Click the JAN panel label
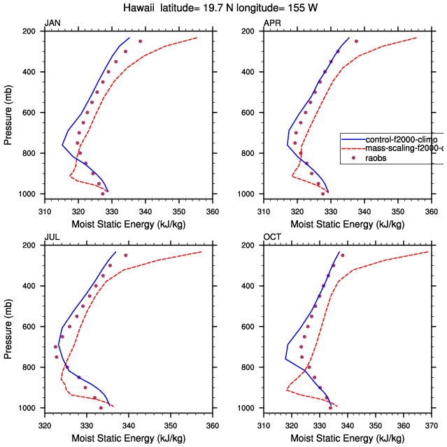(52, 24)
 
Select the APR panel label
(272, 24)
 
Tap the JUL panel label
(52, 237)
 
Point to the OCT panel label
(272, 237)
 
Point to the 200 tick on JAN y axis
(31, 31)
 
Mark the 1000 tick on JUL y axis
(29, 408)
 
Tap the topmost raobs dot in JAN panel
(140, 41)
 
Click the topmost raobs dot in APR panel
(356, 41)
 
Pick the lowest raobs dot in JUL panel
(101, 408)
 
